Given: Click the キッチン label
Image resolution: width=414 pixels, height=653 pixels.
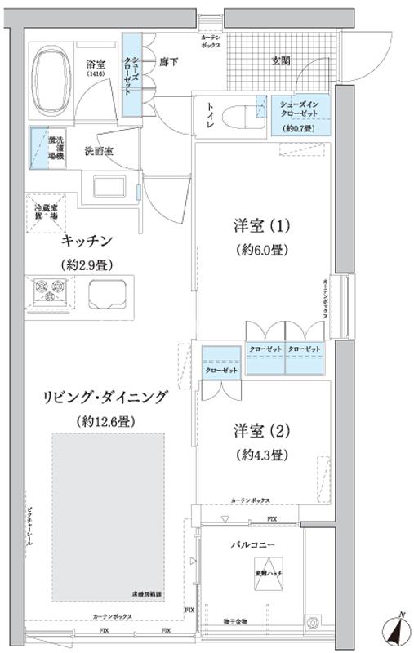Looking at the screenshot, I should click(x=86, y=242).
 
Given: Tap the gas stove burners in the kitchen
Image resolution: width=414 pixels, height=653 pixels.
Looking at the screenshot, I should click(x=48, y=289).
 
